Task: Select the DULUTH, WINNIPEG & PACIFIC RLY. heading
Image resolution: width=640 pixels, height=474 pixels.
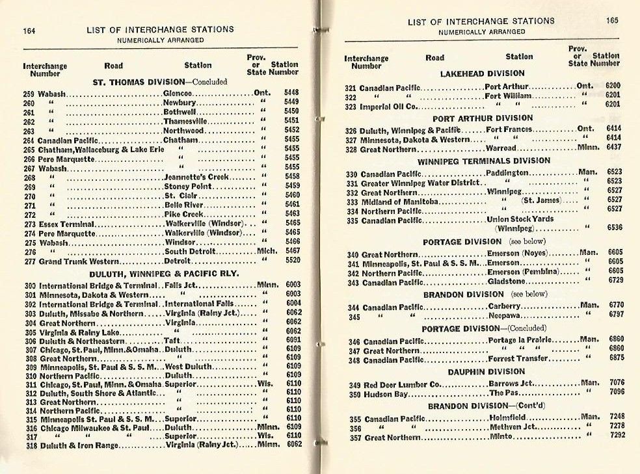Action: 164,274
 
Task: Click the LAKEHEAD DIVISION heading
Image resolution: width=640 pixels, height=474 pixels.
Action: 482,74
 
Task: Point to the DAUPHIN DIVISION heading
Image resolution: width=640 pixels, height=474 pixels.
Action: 483,372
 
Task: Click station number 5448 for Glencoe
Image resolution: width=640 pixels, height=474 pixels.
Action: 291,93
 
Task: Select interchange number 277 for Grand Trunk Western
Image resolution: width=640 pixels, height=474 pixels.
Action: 29,261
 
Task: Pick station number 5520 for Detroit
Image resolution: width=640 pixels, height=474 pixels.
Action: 291,261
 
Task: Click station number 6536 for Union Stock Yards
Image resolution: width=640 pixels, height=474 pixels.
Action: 614,228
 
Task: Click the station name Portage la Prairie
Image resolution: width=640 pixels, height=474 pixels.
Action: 520,340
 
